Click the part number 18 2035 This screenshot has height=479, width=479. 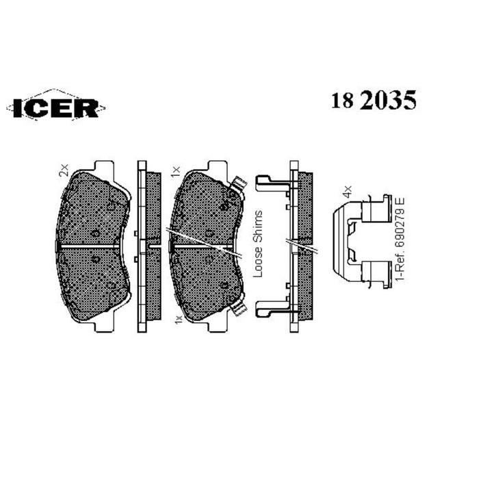point(374,101)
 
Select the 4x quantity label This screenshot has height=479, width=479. point(347,187)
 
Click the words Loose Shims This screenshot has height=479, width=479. point(259,244)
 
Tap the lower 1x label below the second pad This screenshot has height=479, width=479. point(177,319)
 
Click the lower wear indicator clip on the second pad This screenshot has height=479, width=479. point(238,309)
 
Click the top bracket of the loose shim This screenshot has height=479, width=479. point(270,182)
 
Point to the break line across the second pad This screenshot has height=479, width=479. point(205,243)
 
